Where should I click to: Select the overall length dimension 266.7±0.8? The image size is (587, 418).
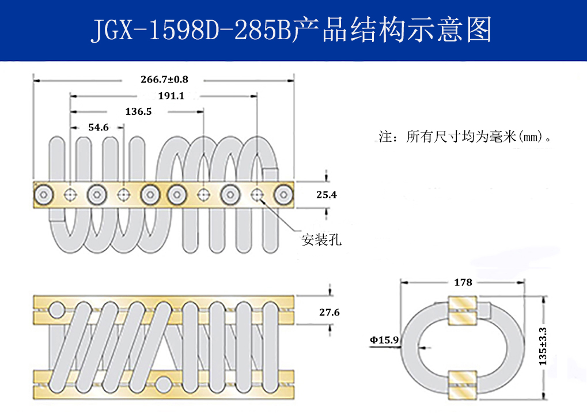pyautogui.click(x=164, y=79)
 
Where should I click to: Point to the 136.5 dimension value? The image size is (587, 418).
pyautogui.click(x=138, y=111)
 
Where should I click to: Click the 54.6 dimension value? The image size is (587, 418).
pyautogui.click(x=97, y=127)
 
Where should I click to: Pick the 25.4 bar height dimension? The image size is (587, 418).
pyautogui.click(x=327, y=195)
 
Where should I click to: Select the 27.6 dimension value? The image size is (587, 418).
pyautogui.click(x=329, y=312)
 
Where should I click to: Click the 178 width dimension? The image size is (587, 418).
pyautogui.click(x=463, y=283)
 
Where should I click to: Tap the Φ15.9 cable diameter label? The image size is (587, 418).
pyautogui.click(x=384, y=340)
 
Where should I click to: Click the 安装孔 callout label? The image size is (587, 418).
pyautogui.click(x=321, y=240)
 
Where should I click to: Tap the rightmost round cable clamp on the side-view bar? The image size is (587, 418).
pyautogui.click(x=283, y=195)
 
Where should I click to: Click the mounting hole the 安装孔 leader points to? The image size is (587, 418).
pyautogui.click(x=256, y=195)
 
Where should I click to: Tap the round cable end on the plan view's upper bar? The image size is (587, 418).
pyautogui.click(x=57, y=311)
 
